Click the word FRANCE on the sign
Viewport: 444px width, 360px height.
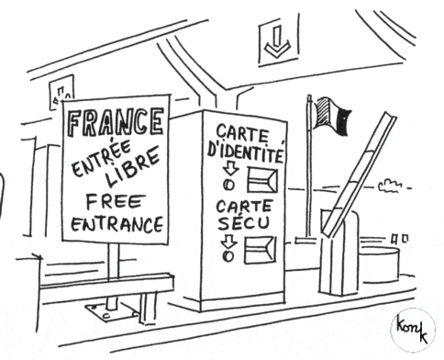click(115, 123)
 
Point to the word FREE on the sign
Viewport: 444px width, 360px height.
click(114, 203)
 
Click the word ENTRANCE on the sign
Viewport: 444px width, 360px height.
click(117, 224)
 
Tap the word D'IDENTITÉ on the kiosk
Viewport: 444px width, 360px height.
click(245, 152)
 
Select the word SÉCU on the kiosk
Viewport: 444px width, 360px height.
click(244, 222)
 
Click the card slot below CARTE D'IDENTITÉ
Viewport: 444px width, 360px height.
click(262, 180)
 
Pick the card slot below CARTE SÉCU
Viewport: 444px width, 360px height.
click(260, 250)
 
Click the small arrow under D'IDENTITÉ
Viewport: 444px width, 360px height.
click(230, 169)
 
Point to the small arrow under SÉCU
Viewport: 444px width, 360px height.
click(229, 242)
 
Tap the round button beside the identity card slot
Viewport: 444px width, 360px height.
click(228, 185)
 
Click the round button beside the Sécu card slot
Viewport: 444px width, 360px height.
click(228, 256)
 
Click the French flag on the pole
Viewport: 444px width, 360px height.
click(332, 116)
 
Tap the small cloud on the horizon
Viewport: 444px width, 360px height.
click(390, 186)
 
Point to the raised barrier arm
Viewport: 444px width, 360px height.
click(359, 175)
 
